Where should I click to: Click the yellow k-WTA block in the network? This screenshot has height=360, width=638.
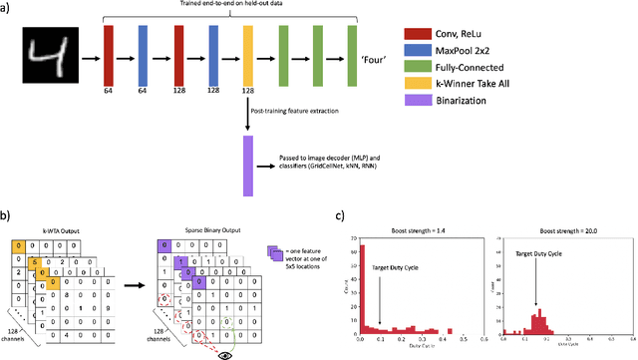tap(247, 59)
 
